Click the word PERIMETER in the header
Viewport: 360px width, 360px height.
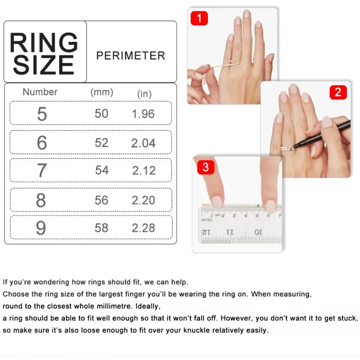tap(130, 55)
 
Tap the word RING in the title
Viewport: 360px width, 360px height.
tap(44, 42)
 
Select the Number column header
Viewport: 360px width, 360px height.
tap(40, 92)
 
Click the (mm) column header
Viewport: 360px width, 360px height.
tap(102, 92)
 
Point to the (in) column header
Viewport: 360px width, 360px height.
tap(144, 94)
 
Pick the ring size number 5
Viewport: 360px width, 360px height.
tap(42, 114)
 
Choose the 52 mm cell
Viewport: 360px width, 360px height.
tap(102, 143)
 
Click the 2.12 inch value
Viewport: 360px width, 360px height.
tap(144, 171)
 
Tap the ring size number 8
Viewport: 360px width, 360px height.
tap(41, 200)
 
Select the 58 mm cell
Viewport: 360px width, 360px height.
tap(102, 228)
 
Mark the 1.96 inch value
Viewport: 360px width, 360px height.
tap(143, 114)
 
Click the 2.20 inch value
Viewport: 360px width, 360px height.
tap(144, 200)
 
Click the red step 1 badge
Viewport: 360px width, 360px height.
tap(199, 18)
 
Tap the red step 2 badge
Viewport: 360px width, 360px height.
tap(338, 92)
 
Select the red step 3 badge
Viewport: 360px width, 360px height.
tap(206, 167)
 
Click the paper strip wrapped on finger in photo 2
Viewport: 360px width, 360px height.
tap(287, 149)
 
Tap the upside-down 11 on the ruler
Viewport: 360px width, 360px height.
tap(229, 232)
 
